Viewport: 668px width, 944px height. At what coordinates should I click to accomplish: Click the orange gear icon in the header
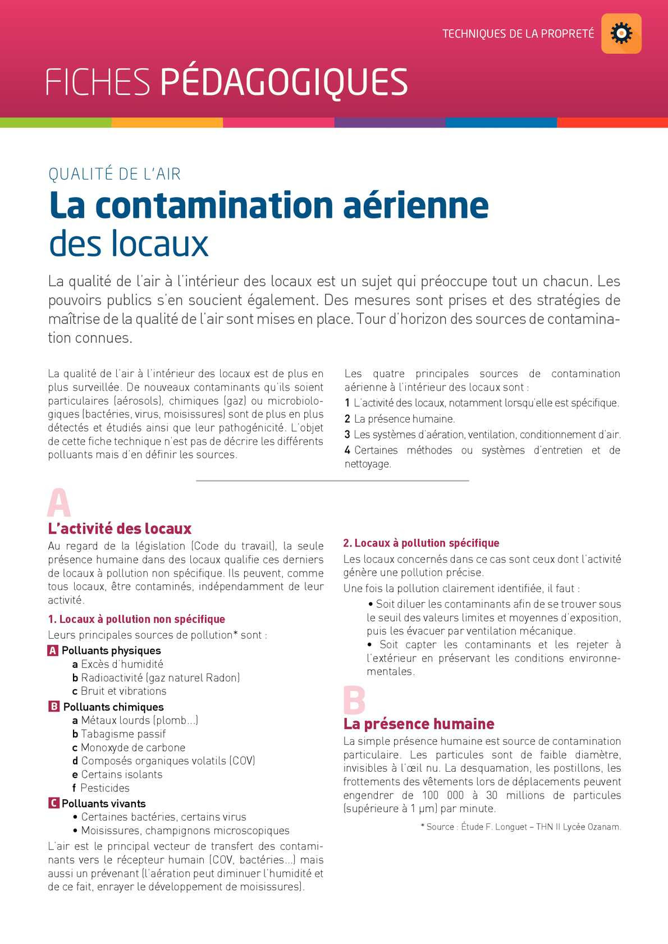621,34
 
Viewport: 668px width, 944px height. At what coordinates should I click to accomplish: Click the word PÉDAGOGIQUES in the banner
284,83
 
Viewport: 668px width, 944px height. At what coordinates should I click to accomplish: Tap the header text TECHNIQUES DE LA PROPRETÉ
518,34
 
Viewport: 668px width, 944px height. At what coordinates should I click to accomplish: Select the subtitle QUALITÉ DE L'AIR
115,174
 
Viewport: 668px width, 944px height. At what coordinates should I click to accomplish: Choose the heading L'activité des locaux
120,529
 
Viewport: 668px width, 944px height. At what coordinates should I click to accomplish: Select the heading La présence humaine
419,724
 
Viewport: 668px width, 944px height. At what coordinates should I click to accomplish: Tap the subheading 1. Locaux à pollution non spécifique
136,619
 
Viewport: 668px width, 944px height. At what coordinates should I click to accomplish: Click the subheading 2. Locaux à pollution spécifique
421,543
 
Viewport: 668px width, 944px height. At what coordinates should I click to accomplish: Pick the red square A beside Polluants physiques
53,651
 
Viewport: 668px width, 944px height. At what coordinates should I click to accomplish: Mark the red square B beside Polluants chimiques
54,707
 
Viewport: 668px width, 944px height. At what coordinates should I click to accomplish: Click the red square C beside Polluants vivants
53,803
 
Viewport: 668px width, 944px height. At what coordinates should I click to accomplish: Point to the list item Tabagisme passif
123,734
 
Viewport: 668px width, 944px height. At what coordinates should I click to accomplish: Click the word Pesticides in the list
104,788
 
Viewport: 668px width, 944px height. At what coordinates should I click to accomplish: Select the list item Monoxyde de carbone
132,748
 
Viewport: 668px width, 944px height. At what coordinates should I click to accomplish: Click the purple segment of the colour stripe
390,122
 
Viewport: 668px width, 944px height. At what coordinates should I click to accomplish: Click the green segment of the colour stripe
56,122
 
